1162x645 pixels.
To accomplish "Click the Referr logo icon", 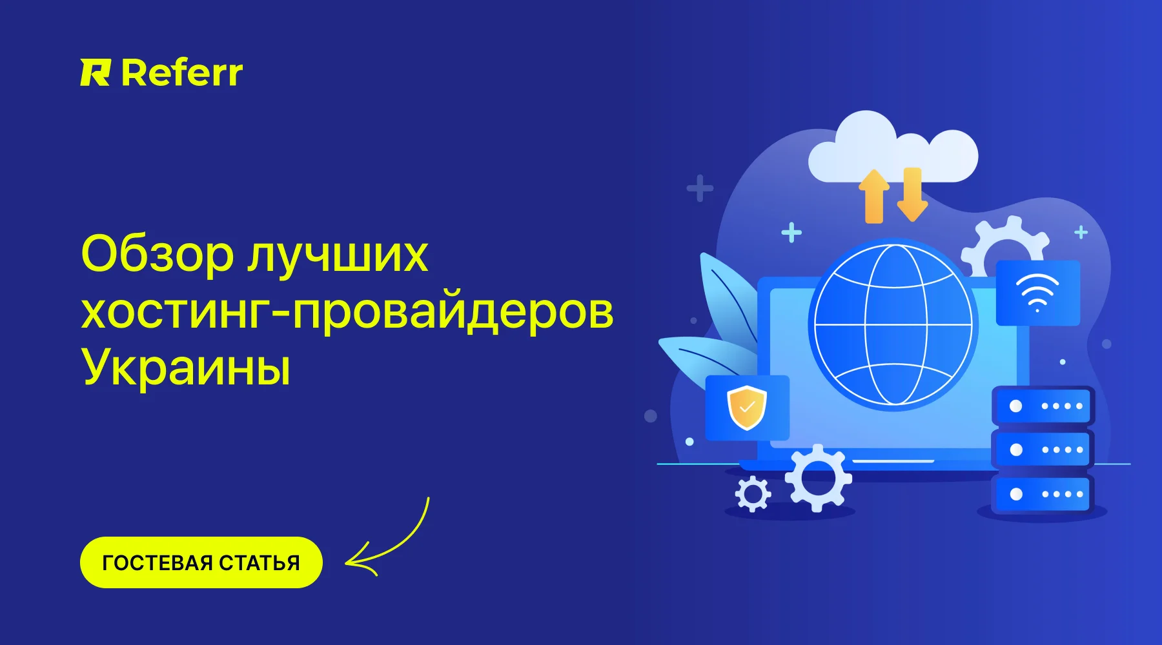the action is click(96, 72).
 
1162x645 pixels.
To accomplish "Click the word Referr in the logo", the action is click(182, 72).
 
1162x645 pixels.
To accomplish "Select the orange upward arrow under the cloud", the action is click(874, 196).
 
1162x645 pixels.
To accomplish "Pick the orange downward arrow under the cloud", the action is click(912, 193).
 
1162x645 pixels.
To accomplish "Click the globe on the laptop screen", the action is click(893, 324).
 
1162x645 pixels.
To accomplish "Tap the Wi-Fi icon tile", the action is click(1038, 293).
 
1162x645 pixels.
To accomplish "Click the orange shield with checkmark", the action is click(747, 408).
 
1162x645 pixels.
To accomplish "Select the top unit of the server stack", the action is click(1043, 406).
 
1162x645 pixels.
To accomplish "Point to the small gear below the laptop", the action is click(753, 494).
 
